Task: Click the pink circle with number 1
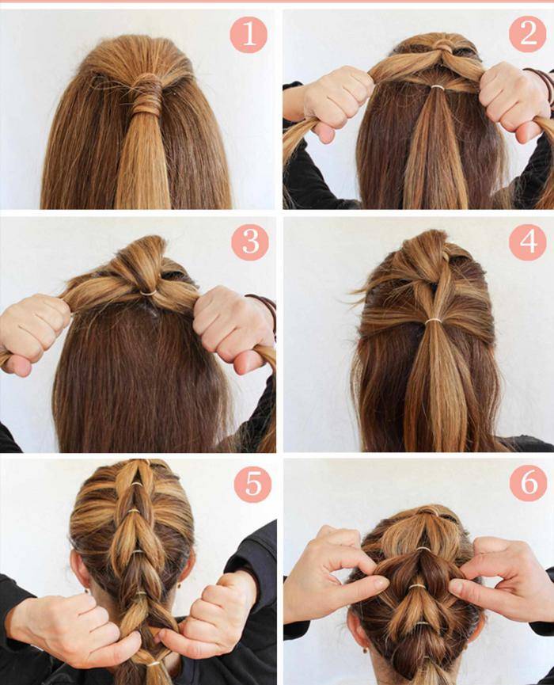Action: point(249,35)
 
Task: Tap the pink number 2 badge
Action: point(527,33)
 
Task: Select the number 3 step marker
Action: point(250,242)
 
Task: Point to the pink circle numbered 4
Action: point(527,242)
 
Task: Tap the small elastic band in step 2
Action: point(437,88)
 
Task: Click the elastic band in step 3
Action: point(149,293)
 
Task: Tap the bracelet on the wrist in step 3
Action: point(264,308)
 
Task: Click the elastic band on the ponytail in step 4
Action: point(434,321)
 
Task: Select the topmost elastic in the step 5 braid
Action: point(137,484)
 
